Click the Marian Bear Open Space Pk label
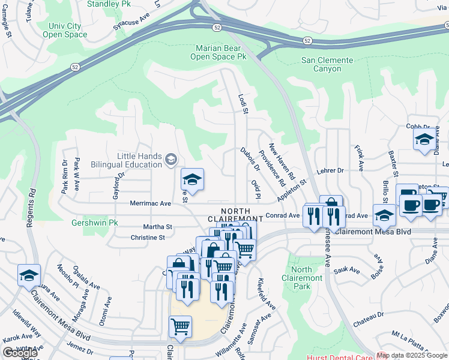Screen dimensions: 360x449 pyautogui.click(x=218, y=52)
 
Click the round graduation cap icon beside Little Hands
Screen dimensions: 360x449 pyautogui.click(x=171, y=159)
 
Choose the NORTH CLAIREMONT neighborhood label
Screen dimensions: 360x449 pyautogui.click(x=242, y=214)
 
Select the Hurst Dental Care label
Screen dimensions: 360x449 pyautogui.click(x=415, y=356)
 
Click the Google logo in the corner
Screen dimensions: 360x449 pyautogui.click(x=19, y=353)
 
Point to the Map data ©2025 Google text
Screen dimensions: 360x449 pyautogui.click(x=412, y=355)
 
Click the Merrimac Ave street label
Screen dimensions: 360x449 pyautogui.click(x=151, y=204)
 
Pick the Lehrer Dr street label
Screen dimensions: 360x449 pyautogui.click(x=330, y=170)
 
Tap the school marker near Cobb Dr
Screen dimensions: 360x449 pyautogui.click(x=424, y=140)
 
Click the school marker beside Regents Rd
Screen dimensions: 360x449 pyautogui.click(x=29, y=275)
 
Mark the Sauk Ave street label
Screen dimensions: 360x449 pyautogui.click(x=346, y=271)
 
